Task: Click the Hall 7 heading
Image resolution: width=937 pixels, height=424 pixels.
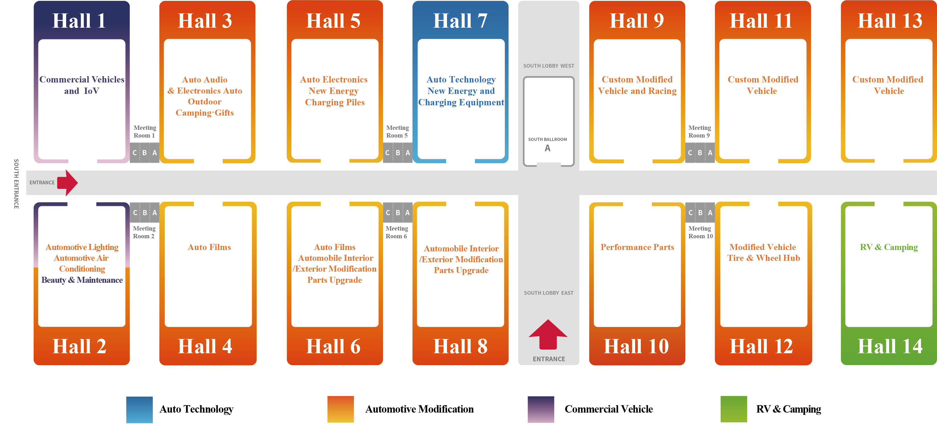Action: click(460, 21)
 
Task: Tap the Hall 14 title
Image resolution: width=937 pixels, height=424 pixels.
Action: click(890, 346)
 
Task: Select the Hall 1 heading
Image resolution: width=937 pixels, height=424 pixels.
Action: click(79, 21)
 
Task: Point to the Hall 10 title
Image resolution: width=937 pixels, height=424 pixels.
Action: click(636, 346)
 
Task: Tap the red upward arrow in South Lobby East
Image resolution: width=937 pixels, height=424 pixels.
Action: click(548, 334)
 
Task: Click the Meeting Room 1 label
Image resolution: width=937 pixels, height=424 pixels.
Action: click(145, 131)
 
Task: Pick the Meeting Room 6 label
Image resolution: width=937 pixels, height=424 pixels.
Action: click(397, 232)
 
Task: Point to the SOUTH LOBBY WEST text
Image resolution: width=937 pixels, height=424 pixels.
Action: click(548, 66)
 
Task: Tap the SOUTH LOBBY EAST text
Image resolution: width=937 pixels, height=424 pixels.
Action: click(548, 293)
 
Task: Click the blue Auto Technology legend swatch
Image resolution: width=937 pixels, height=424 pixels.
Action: click(139, 409)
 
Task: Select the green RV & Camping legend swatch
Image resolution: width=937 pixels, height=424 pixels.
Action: click(734, 409)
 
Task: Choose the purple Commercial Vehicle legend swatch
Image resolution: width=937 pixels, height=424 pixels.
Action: click(541, 409)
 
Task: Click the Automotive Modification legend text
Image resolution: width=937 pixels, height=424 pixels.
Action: click(419, 409)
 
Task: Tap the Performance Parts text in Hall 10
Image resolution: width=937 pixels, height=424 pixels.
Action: click(637, 247)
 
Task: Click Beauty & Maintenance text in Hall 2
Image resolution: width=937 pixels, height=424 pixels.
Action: click(82, 280)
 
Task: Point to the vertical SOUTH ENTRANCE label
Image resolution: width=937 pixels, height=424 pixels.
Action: click(16, 184)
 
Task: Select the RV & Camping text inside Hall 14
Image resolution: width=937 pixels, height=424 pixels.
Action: click(889, 247)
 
